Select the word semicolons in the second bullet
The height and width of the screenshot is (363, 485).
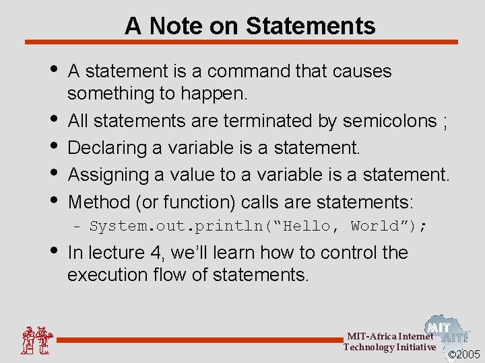click(x=390, y=121)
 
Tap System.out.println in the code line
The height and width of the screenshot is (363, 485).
click(x=179, y=226)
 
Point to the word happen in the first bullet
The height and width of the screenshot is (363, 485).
click(x=217, y=93)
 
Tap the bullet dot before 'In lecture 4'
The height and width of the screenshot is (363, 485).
click(x=53, y=251)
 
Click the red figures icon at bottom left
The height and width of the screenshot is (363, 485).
click(x=36, y=340)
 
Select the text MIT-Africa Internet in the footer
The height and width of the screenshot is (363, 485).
click(x=390, y=336)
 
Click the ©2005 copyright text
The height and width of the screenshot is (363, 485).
click(x=464, y=354)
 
